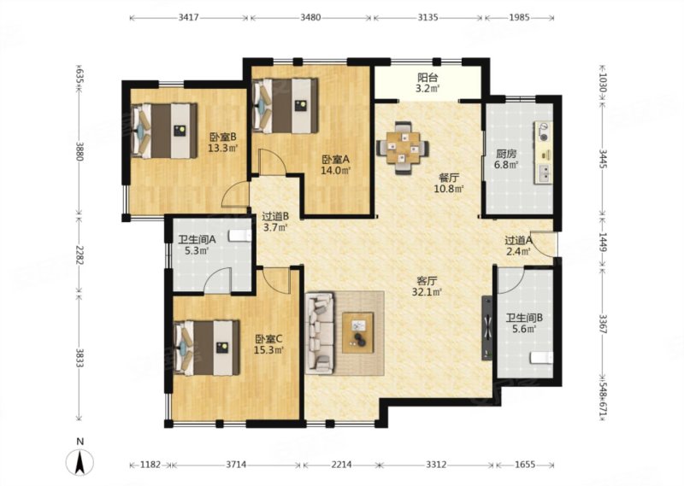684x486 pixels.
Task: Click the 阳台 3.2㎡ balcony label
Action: pyautogui.click(x=427, y=83)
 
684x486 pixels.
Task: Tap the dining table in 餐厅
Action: pyautogui.click(x=403, y=148)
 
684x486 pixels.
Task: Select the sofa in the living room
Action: pyautogui.click(x=320, y=333)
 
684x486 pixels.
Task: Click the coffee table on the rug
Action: pyautogui.click(x=357, y=332)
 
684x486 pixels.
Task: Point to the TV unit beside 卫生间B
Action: pyautogui.click(x=487, y=328)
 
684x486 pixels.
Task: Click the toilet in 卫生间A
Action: pyautogui.click(x=240, y=236)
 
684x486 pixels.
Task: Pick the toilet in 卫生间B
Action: pyautogui.click(x=541, y=358)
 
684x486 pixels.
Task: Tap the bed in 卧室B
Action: pyautogui.click(x=164, y=131)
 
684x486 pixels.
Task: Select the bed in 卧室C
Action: pyautogui.click(x=207, y=348)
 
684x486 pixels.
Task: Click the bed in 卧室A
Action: pyautogui.click(x=286, y=105)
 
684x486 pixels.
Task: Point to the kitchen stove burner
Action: pyautogui.click(x=544, y=132)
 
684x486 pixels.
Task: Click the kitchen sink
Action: pyautogui.click(x=544, y=173)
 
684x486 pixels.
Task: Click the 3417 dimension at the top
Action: pyautogui.click(x=189, y=17)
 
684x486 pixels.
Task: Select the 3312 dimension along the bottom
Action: pyautogui.click(x=435, y=465)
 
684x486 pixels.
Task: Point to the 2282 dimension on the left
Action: pyautogui.click(x=79, y=254)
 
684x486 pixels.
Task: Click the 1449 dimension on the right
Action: pyautogui.click(x=603, y=242)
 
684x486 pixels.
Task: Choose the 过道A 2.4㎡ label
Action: pyautogui.click(x=518, y=245)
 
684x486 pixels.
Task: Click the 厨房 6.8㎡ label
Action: pyautogui.click(x=506, y=159)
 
